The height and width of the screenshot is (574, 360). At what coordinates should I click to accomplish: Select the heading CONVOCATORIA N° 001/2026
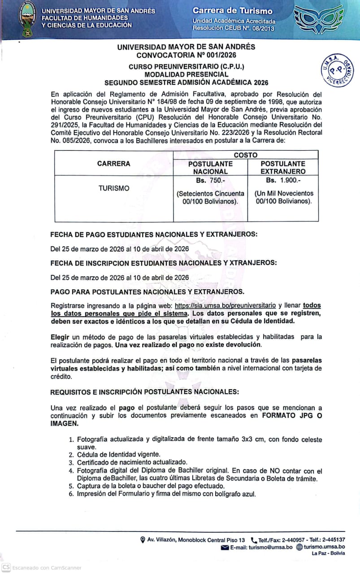[186, 55]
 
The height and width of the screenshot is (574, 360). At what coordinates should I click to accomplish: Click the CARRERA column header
[114, 164]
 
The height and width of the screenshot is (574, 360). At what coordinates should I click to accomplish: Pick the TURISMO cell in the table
[114, 188]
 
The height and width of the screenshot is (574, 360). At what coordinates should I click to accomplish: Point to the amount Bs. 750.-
[210, 180]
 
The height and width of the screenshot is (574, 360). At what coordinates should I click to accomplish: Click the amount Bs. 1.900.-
[283, 180]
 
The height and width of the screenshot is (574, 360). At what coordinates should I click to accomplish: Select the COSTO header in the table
[246, 155]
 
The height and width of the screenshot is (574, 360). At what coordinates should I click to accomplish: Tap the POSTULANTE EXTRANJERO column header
[283, 167]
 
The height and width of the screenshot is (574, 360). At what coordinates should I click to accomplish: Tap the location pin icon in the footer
[143, 540]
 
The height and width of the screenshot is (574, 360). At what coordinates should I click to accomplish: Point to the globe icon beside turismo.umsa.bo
[299, 547]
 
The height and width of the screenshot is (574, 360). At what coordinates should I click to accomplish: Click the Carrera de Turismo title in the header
[232, 10]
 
